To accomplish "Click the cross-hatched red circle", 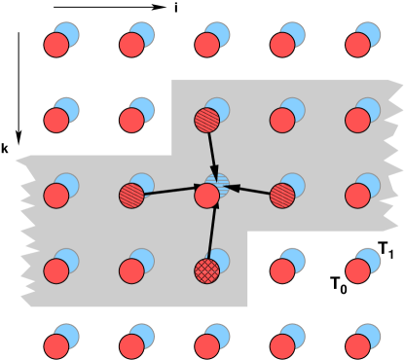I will pyautogui.click(x=206, y=270).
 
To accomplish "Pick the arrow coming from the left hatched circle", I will pyautogui.click(x=173, y=190).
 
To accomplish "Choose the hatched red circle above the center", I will pyautogui.click(x=206, y=120).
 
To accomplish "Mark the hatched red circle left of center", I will pyautogui.click(x=131, y=196).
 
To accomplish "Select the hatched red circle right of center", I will pyautogui.click(x=282, y=196).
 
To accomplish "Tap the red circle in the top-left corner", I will pyautogui.click(x=56, y=45).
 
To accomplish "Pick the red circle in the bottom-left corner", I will pyautogui.click(x=56, y=346).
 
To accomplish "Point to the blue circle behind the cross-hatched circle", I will pyautogui.click(x=220, y=259).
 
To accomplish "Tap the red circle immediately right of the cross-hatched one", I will pyautogui.click(x=282, y=270).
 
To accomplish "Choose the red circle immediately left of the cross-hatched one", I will pyautogui.click(x=131, y=270).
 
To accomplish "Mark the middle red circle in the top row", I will pyautogui.click(x=206, y=45).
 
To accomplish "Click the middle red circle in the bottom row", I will pyautogui.click(x=206, y=346).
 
